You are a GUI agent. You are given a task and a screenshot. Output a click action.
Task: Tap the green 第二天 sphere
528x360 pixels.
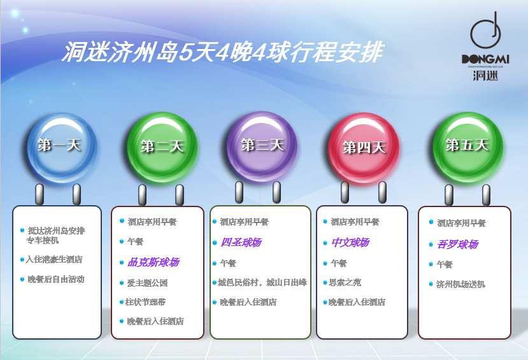tap(162, 147)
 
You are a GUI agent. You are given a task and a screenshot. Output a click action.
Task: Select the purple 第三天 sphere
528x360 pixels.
tap(262, 147)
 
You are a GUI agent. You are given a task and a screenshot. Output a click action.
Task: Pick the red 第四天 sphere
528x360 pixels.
tap(364, 148)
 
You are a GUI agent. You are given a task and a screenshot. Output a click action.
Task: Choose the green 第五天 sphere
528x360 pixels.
tap(467, 147)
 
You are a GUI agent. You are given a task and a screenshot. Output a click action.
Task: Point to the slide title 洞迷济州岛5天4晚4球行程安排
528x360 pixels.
tap(222, 52)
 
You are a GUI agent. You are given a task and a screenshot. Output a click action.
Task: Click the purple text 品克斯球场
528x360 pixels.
tap(153, 262)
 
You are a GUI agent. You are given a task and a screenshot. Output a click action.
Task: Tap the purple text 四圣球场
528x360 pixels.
tap(241, 242)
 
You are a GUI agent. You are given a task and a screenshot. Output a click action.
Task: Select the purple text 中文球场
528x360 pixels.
tap(350, 242)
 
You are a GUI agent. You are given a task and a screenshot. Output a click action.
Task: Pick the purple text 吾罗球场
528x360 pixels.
tap(458, 244)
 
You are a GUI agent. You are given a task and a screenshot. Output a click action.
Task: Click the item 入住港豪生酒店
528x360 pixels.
tap(54, 259)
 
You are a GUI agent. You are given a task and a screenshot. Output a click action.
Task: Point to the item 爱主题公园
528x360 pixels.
tap(147, 283)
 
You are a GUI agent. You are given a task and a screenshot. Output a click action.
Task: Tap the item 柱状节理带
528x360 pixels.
tap(145, 302)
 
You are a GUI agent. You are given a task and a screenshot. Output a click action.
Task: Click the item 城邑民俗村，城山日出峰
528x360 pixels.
tap(262, 282)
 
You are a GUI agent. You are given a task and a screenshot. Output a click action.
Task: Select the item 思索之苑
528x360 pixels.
tap(345, 282)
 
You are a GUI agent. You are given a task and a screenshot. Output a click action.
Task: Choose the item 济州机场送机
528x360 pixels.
tap(460, 284)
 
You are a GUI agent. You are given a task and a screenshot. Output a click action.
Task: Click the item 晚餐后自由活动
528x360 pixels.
tap(56, 279)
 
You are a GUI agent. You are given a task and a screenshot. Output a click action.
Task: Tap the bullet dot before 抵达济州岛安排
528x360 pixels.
tap(22, 231)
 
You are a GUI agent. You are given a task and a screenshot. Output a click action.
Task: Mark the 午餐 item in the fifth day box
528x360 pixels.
tap(445, 264)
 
